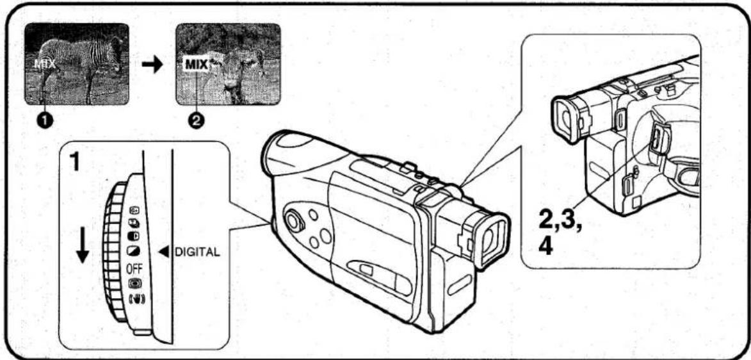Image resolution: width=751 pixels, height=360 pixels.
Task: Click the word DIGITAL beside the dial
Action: (x=197, y=252)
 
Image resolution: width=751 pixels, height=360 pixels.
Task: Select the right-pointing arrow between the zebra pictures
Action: (x=152, y=66)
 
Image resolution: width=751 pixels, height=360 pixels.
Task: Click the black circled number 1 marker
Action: (x=44, y=120)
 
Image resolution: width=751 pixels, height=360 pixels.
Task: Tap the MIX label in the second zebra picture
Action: (x=196, y=64)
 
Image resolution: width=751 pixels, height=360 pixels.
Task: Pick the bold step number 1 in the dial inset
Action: (x=74, y=163)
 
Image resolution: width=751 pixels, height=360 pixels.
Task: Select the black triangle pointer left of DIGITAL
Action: (x=165, y=252)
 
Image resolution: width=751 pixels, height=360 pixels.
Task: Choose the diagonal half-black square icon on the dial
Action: (x=133, y=251)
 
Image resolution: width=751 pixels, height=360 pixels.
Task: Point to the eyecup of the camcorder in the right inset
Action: (x=567, y=117)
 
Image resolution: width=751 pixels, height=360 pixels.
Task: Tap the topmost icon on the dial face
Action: (x=134, y=211)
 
